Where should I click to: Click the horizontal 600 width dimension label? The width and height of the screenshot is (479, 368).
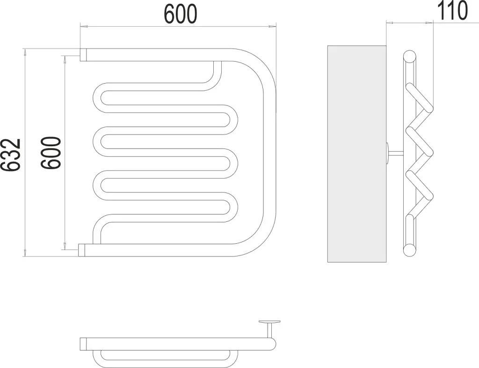click(x=181, y=14)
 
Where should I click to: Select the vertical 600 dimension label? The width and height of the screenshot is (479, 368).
click(x=51, y=152)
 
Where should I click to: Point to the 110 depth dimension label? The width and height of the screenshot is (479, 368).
click(x=452, y=10)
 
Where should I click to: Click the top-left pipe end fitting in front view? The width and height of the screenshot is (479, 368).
click(x=83, y=55)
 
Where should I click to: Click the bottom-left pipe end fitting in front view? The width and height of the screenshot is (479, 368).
click(x=81, y=250)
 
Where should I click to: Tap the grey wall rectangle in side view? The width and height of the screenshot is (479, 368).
click(x=357, y=154)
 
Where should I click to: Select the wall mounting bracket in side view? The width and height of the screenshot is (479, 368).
click(x=395, y=154)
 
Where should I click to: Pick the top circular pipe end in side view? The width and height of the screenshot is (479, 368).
click(x=410, y=57)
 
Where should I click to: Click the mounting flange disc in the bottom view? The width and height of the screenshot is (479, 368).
click(x=269, y=322)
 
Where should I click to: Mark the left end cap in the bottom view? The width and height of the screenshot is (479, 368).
click(x=83, y=344)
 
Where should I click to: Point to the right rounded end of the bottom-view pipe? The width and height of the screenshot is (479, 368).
click(x=272, y=344)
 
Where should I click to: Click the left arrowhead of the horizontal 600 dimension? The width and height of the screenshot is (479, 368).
click(x=84, y=27)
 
